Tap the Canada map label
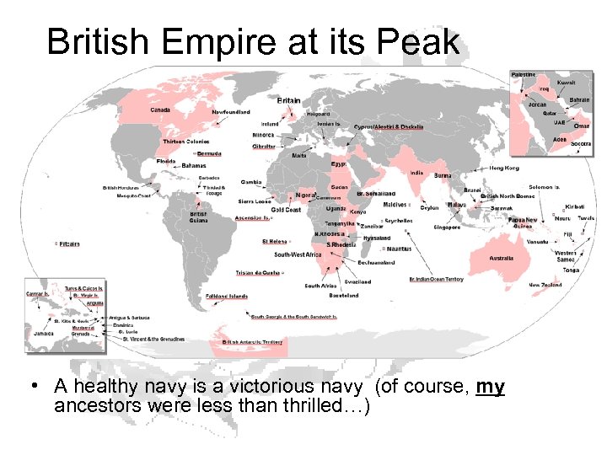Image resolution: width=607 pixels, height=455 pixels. tap(160, 110)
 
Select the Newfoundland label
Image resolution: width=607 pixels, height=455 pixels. tap(230, 112)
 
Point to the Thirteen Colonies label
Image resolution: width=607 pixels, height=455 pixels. tap(185, 142)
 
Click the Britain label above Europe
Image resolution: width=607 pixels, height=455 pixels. tap(289, 100)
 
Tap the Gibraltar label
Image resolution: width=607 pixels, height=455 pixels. tap(264, 147)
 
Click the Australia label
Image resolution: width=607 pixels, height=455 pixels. tap(502, 258)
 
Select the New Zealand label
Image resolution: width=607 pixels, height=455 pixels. tap(545, 286)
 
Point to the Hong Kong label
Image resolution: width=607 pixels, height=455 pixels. tap(504, 169)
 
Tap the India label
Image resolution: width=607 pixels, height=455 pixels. tap(416, 173)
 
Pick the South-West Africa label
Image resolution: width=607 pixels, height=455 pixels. tap(298, 254)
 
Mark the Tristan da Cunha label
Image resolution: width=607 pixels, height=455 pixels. tap(257, 273)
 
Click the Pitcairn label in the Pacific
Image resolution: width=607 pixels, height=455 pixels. tap(69, 244)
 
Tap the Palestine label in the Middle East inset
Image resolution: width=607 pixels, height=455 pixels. tap(524, 75)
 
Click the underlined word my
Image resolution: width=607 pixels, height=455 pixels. tap(490, 388)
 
